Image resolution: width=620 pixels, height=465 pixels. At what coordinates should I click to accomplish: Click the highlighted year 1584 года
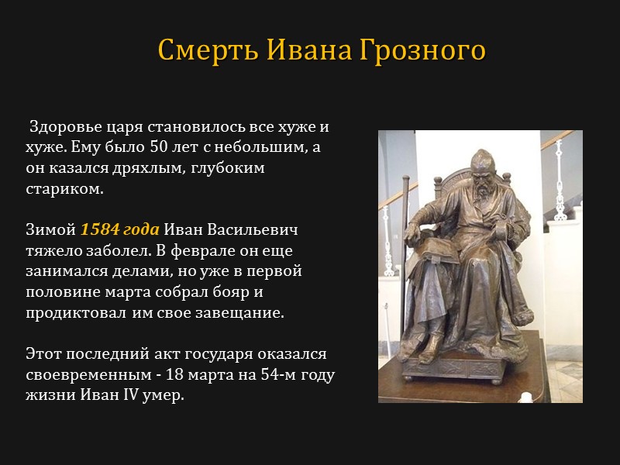click(x=120, y=231)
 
